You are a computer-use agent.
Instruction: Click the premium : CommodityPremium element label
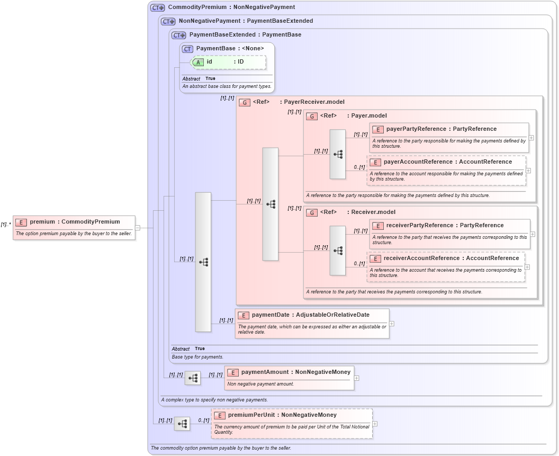tap(75, 221)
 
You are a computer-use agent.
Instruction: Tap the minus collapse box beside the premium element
tap(138, 228)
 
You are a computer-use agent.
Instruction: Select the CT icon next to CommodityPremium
tap(157, 7)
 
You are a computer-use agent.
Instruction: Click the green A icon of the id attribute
tap(198, 62)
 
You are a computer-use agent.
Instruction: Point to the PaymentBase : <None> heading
tap(230, 48)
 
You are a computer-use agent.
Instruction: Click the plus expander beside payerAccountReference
tap(528, 171)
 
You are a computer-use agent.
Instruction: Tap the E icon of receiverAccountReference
tap(375, 258)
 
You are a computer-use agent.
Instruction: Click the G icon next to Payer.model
tap(312, 116)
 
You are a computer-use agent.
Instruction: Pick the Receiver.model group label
tap(373, 212)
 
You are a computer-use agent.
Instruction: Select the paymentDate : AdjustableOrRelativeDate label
tap(310, 315)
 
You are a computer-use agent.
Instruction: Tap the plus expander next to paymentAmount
tap(356, 378)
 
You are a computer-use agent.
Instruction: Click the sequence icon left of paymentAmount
tap(193, 378)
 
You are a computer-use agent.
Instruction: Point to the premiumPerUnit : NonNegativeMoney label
tap(282, 415)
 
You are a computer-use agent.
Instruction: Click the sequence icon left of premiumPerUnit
tap(182, 424)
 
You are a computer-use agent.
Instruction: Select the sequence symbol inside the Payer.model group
tap(338, 154)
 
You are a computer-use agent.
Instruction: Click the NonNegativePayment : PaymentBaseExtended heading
tap(246, 21)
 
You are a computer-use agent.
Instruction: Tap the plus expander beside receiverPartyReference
tap(533, 234)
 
